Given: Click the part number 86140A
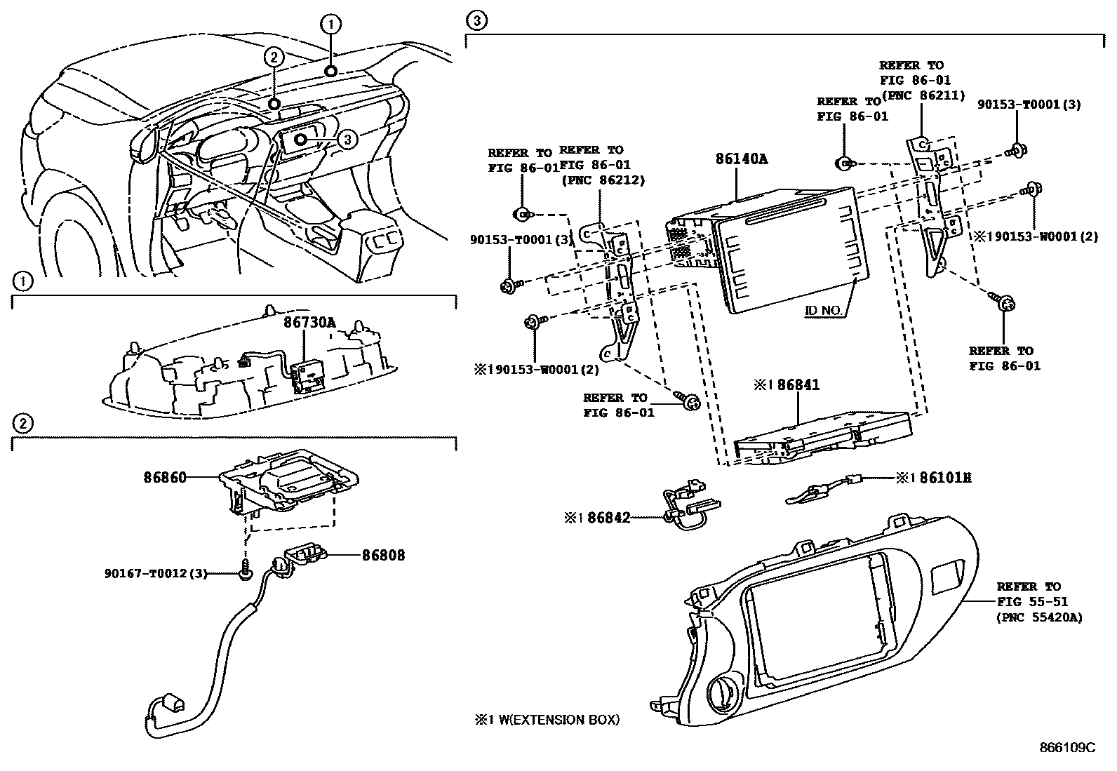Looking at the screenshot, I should tap(741, 159).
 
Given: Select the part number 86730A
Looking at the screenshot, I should tap(309, 322).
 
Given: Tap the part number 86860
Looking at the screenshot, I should tap(165, 478).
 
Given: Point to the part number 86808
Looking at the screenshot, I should tap(383, 555).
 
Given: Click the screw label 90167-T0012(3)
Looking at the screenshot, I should tap(156, 574).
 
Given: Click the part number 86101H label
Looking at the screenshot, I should tap(934, 478).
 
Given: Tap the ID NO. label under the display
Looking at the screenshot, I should tap(823, 309).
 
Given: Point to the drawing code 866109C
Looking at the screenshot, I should tap(1066, 747).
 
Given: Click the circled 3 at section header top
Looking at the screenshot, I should tap(476, 21).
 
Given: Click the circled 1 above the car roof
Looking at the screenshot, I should tap(330, 25).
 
